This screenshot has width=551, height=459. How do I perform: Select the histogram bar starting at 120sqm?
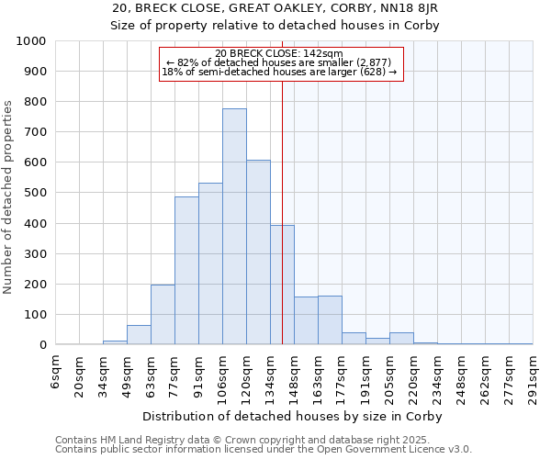point(258,252)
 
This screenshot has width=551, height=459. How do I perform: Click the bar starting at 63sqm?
point(163,315)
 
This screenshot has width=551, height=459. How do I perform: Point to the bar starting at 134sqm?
point(282,285)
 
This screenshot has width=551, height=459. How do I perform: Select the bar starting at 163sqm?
point(330,320)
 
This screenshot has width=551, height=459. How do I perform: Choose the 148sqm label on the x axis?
point(294,374)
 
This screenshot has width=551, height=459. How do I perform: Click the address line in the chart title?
point(275,9)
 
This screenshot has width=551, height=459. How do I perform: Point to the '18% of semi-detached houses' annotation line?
point(279,72)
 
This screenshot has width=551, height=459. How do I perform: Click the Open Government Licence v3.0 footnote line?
point(264,450)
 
